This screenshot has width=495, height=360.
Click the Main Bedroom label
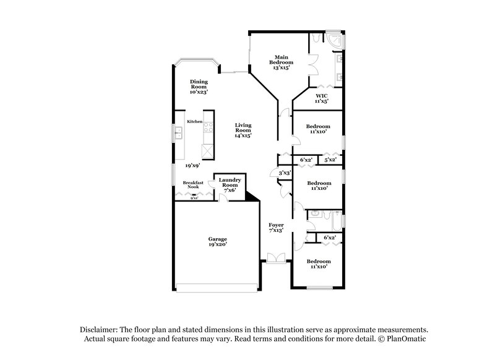pyautogui.click(x=280, y=59)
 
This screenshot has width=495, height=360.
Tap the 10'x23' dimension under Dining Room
pyautogui.click(x=199, y=92)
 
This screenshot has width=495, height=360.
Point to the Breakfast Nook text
pyautogui.click(x=193, y=185)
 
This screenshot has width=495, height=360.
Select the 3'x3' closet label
pyautogui.click(x=285, y=173)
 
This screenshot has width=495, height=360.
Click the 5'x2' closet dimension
pyautogui.click(x=330, y=160)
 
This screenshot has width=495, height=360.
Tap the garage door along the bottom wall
pyautogui.click(x=217, y=286)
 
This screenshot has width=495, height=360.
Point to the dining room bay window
pyautogui.click(x=195, y=64)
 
